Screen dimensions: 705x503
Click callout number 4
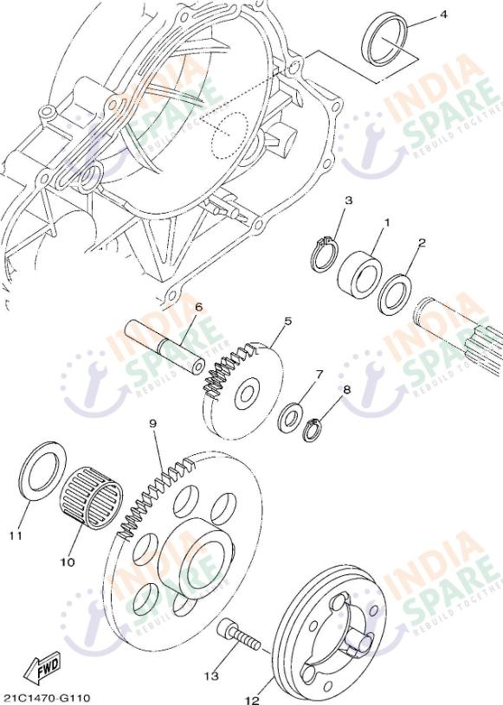point(443,15)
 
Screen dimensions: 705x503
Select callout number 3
point(348,201)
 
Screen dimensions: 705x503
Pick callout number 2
point(422,243)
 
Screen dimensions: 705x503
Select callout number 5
point(287,321)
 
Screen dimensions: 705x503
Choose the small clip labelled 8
point(314,427)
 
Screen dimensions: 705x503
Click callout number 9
point(152,424)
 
